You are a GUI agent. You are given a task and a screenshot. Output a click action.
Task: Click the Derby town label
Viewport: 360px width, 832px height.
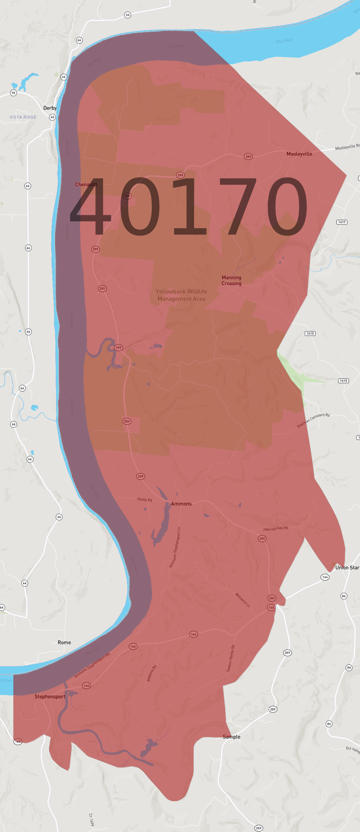tap(50, 108)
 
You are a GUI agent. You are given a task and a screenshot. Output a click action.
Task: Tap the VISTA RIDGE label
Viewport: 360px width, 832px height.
tap(23, 117)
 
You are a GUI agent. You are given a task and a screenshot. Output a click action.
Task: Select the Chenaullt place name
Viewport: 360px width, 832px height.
tap(86, 184)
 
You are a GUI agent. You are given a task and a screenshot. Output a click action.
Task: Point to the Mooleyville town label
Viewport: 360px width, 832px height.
tap(299, 154)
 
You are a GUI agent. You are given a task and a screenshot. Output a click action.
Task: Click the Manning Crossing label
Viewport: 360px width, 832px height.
tap(232, 281)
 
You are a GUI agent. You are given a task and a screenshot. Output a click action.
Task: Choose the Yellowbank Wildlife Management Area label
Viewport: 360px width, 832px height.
tap(181, 295)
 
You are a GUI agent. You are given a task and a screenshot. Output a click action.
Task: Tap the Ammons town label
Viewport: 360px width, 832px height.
tap(181, 504)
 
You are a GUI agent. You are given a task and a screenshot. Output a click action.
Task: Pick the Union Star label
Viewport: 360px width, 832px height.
tap(347, 568)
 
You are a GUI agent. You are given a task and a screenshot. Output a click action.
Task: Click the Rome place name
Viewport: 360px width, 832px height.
tap(64, 643)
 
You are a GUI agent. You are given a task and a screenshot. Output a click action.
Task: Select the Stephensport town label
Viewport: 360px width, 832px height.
tap(50, 697)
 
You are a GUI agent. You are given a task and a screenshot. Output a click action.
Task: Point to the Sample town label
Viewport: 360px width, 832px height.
tap(232, 737)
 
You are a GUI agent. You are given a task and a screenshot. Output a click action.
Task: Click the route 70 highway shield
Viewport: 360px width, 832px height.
tap(14, 93)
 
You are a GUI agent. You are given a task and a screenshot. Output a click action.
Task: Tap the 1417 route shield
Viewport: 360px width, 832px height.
tap(342, 222)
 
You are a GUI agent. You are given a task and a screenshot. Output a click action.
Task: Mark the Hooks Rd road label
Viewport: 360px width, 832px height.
tap(144, 499)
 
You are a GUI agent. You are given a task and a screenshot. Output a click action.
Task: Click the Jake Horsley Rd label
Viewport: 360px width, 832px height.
tap(276, 529)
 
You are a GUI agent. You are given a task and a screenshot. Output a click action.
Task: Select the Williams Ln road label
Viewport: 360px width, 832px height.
tap(243, 600)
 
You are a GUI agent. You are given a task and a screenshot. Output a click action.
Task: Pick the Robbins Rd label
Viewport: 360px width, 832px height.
tap(152, 673)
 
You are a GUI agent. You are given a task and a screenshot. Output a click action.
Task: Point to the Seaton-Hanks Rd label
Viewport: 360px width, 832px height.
tap(231, 658)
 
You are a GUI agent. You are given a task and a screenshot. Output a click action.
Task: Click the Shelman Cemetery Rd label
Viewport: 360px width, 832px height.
tap(313, 421)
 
